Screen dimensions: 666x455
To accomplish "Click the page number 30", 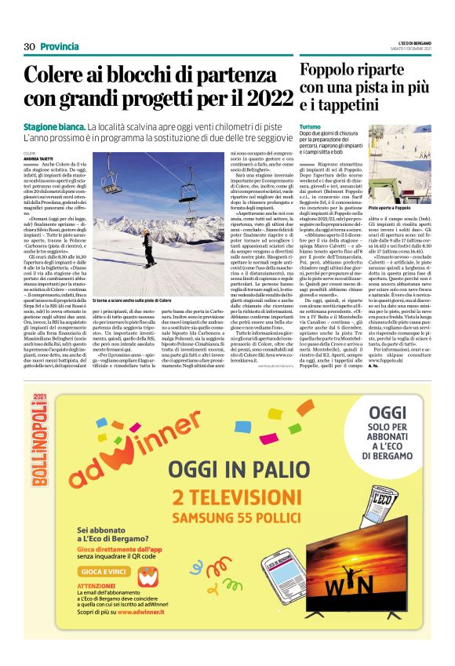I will click(30, 47).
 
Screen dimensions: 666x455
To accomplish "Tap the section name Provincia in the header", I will click(60, 47).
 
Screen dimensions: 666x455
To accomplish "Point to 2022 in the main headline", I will click(259, 100).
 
